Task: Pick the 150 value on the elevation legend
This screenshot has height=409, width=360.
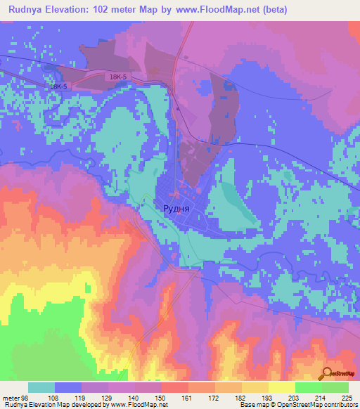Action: click(x=161, y=397)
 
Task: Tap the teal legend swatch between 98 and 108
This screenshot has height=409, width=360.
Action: click(x=41, y=387)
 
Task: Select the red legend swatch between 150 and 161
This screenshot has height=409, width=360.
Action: click(x=175, y=387)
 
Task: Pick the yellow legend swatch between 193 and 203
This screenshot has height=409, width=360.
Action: click(x=282, y=387)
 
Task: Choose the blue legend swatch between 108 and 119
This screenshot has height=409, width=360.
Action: click(x=68, y=387)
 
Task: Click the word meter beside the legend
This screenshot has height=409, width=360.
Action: click(x=11, y=397)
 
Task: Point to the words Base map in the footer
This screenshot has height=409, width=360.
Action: click(x=251, y=405)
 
